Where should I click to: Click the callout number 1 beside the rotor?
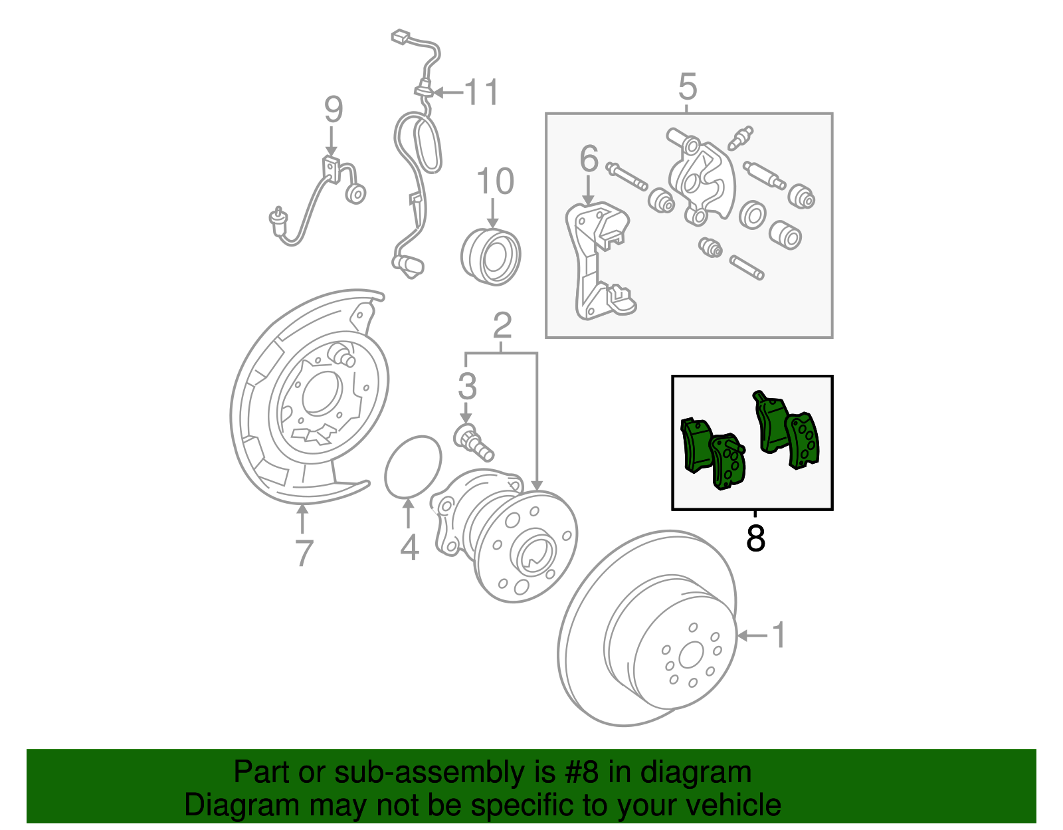[779, 635]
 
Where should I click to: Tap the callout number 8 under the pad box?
[755, 539]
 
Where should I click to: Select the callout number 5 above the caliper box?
[688, 87]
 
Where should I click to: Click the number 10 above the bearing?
[495, 181]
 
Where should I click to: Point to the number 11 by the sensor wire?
[482, 92]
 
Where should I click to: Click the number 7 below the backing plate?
[303, 553]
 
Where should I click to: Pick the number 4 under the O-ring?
[409, 548]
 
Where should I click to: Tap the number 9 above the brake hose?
[333, 110]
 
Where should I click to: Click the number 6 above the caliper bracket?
[589, 159]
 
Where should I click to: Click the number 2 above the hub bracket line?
[502, 326]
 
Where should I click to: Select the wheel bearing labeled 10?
[490, 257]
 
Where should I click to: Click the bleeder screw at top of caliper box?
[740, 138]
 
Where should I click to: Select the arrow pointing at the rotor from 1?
[751, 636]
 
